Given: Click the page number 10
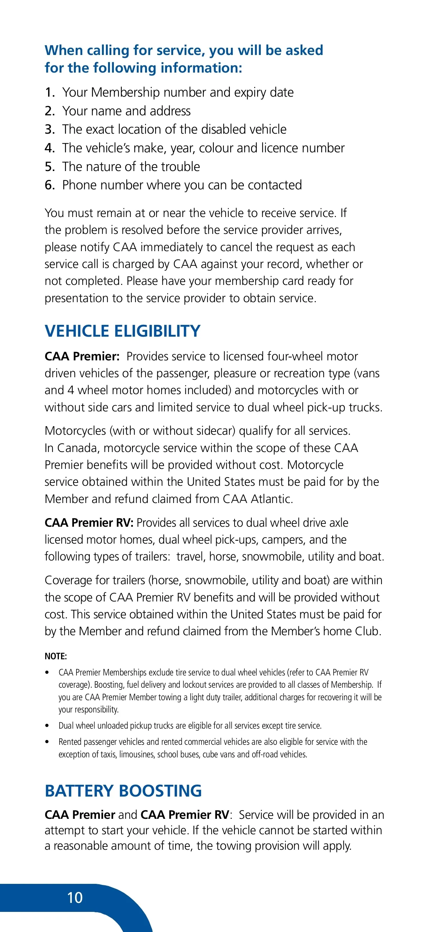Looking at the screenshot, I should point(75,897).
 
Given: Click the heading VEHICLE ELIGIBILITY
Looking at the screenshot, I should point(122,331).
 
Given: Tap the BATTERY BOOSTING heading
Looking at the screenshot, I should point(123,790).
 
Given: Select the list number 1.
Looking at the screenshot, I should point(50,93).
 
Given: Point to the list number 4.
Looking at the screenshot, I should point(50,148).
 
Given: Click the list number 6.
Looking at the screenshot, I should point(50,185).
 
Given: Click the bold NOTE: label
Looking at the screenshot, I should point(56,656).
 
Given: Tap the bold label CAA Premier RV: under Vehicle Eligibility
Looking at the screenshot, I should point(89,522).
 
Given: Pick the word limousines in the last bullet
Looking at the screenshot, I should point(137,755).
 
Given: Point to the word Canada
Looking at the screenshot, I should point(77,448).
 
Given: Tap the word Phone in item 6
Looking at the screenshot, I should point(79,185).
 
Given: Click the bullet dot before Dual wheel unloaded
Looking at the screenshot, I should point(47,726).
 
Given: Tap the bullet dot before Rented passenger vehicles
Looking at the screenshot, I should point(47,742).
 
